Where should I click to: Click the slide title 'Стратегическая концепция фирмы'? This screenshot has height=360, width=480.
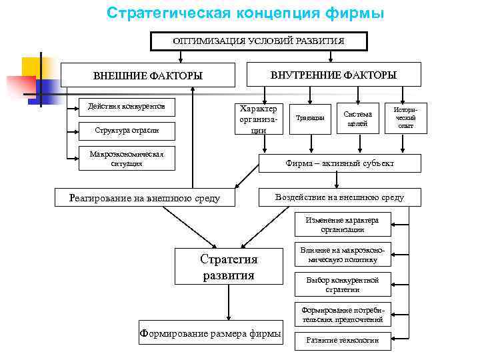pyautogui.click(x=245, y=13)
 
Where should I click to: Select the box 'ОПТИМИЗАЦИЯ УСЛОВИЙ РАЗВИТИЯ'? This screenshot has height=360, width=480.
pyautogui.click(x=259, y=41)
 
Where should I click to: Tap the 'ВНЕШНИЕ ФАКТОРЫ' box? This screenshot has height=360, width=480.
pyautogui.click(x=148, y=75)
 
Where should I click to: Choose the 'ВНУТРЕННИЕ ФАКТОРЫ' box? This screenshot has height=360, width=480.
pyautogui.click(x=333, y=75)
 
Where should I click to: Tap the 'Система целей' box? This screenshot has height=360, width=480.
pyautogui.click(x=358, y=118)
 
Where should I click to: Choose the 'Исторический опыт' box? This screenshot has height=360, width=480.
pyautogui.click(x=405, y=117)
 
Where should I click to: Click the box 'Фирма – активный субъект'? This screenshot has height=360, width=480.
pyautogui.click(x=340, y=163)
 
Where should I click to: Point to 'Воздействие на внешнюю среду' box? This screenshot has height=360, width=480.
pyautogui.click(x=339, y=197)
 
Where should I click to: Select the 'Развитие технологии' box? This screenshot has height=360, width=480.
pyautogui.click(x=342, y=340)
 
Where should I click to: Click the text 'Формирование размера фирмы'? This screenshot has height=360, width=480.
pyautogui.click(x=209, y=334)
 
